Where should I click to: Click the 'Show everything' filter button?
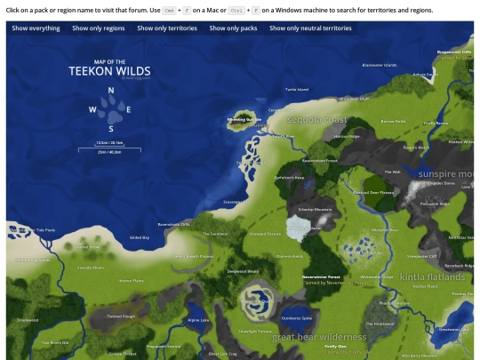[36, 28]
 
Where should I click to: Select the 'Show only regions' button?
[99, 28]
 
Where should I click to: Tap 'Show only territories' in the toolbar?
[167, 28]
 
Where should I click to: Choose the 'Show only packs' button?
[233, 28]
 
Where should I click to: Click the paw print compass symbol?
[110, 109]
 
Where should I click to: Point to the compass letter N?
[111, 90]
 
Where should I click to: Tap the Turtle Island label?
[297, 90]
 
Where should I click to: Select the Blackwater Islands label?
[379, 65]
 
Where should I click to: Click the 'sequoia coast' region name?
[316, 120]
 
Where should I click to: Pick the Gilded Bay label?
[140, 237]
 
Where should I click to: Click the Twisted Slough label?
[121, 316]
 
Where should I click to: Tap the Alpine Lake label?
[198, 320]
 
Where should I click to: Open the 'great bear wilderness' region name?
[318, 338]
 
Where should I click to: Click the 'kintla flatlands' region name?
[432, 277]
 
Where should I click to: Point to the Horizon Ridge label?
[347, 137]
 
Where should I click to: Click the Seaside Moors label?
[90, 267]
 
